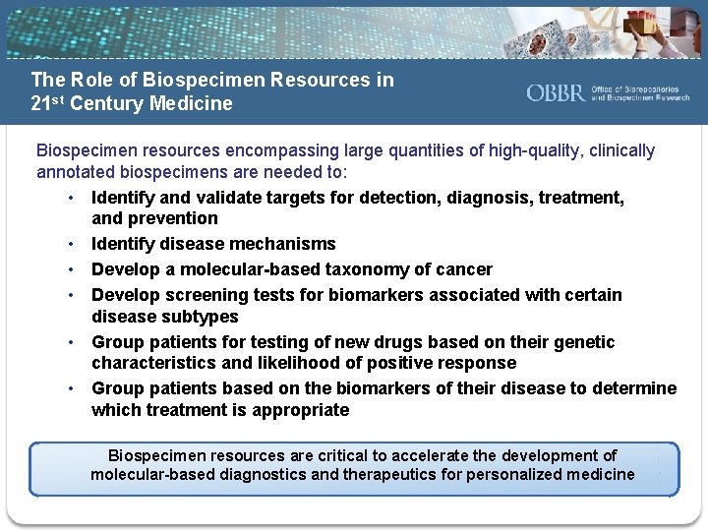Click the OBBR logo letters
pos(556,92)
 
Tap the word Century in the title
pos(110,103)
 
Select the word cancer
pos(464,269)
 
